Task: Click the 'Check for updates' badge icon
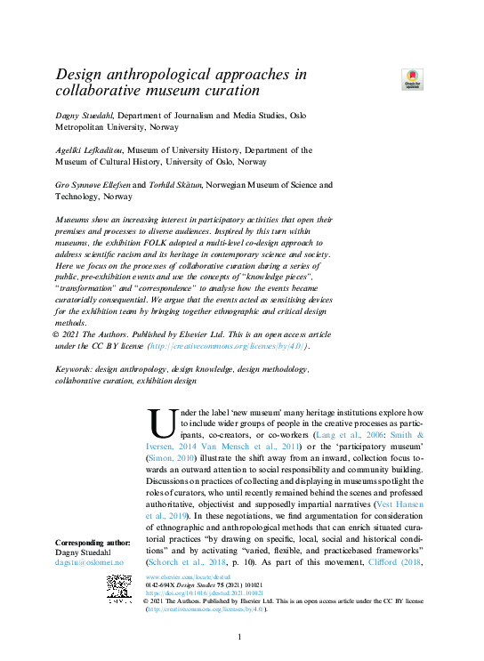(x=413, y=78)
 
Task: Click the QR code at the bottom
(x=121, y=590)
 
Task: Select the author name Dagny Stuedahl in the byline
(x=78, y=116)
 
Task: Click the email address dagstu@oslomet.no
(x=89, y=563)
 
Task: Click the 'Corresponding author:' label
(x=94, y=543)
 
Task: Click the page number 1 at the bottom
(x=239, y=637)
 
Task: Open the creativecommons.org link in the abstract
(x=227, y=346)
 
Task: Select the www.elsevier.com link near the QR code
(x=182, y=577)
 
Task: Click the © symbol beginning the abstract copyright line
(x=59, y=335)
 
